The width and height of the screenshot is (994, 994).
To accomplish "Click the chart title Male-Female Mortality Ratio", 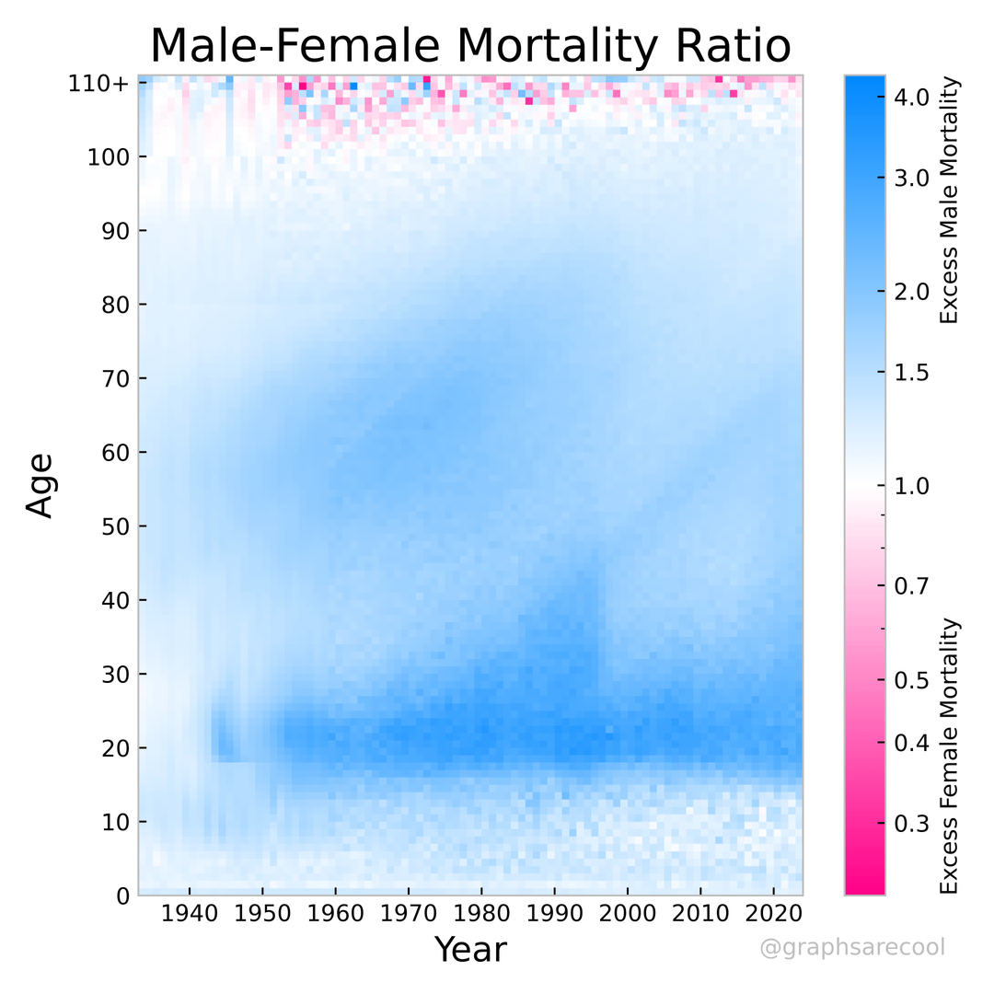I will click(x=470, y=46).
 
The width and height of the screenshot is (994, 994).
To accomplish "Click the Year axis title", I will click(x=470, y=949).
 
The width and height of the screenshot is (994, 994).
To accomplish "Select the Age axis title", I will click(x=40, y=484).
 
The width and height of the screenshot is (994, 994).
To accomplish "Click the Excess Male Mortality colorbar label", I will click(x=949, y=201).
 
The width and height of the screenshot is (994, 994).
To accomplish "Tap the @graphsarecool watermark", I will click(x=852, y=947).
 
